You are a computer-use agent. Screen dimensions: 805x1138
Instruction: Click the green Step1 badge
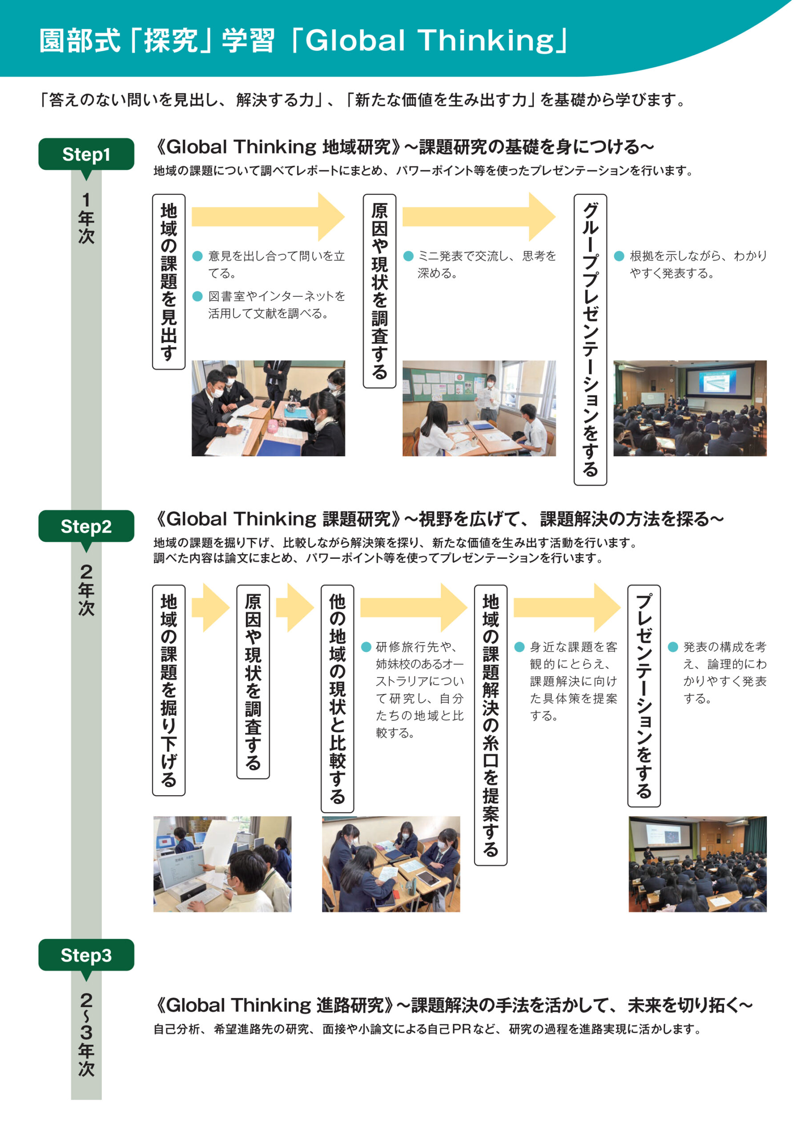tap(86, 154)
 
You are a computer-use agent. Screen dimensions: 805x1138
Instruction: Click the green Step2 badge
tap(86, 526)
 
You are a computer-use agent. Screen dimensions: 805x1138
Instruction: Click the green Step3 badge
tap(86, 954)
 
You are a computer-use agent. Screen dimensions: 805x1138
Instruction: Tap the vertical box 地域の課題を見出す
tap(169, 281)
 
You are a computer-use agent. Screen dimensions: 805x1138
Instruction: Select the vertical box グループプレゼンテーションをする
tap(590, 340)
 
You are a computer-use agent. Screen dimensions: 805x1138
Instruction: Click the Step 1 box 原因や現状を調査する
tap(379, 291)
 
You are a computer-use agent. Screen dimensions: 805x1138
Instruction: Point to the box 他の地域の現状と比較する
tap(337, 698)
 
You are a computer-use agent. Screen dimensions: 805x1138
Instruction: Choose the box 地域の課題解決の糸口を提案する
tap(491, 725)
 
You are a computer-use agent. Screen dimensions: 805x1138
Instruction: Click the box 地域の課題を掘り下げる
tap(169, 690)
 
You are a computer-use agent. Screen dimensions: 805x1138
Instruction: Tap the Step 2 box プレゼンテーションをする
tap(644, 696)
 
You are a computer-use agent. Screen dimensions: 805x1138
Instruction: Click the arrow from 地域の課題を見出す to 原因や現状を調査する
tap(268, 216)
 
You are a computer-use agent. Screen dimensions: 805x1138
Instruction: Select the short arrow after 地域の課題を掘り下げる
tap(210, 608)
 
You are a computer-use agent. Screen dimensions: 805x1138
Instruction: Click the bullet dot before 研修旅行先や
tap(366, 647)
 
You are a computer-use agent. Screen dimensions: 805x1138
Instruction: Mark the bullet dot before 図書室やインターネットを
tap(197, 296)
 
